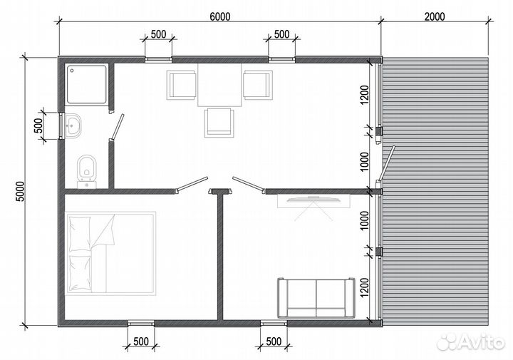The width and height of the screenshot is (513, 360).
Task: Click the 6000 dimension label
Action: click(x=220, y=16)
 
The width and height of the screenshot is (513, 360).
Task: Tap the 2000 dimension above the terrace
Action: click(x=435, y=16)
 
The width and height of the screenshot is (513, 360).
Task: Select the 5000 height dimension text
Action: click(x=20, y=192)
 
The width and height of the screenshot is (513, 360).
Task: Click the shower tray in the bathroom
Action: click(x=87, y=84)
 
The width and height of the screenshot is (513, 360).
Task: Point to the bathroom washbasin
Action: click(x=73, y=125)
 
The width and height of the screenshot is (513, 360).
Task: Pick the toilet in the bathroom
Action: click(x=87, y=172)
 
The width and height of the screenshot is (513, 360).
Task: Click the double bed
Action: click(x=110, y=253)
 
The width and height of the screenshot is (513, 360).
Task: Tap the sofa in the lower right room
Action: click(x=316, y=298)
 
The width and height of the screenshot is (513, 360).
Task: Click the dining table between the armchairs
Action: click(x=219, y=85)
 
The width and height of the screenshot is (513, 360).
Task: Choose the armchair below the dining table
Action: click(x=219, y=123)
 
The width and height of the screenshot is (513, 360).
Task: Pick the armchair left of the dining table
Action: click(x=181, y=85)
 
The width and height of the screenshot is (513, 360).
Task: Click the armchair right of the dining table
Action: click(x=258, y=85)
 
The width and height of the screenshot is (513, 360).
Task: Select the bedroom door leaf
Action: click(x=192, y=185)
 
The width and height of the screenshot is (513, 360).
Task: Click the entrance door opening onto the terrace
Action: click(x=386, y=164)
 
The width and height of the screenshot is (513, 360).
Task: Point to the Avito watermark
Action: click(x=471, y=342)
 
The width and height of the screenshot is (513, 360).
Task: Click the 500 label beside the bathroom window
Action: click(x=38, y=125)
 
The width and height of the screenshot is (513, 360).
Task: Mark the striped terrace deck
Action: click(x=435, y=192)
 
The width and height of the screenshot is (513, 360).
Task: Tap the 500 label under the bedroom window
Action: click(x=141, y=341)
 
